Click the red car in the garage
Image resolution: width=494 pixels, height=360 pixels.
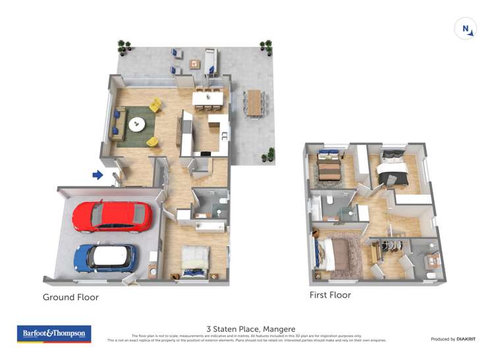(112, 217)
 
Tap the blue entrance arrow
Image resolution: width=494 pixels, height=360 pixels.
(97, 174)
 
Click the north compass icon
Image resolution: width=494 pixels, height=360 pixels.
(466, 28)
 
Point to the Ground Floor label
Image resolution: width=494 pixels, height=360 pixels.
(70, 297)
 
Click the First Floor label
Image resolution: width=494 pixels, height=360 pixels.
(330, 295)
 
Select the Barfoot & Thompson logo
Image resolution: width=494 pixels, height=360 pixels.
(53, 334)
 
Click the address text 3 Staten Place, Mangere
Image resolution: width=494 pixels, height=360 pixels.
(251, 329)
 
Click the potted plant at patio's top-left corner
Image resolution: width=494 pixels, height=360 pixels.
(123, 46)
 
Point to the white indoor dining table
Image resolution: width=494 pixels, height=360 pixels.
(207, 98)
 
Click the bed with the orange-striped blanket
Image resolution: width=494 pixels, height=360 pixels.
(327, 169)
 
